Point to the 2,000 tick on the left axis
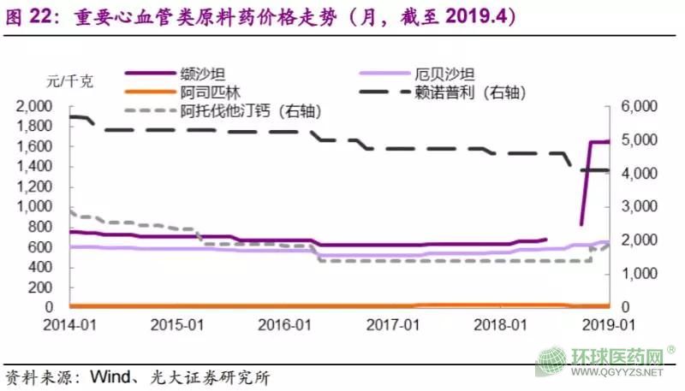(x=34, y=106)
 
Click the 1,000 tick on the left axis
(x=34, y=206)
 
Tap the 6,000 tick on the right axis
(x=636, y=106)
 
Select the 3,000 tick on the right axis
(x=636, y=206)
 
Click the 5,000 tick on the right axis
(x=636, y=139)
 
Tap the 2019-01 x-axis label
(x=609, y=326)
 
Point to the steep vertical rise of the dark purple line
(x=586, y=184)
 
